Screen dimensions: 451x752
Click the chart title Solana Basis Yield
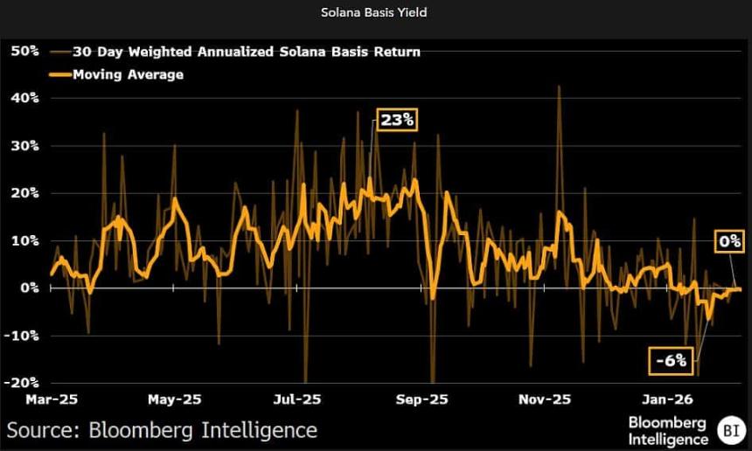coord(376,13)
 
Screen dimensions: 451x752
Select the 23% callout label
coord(396,121)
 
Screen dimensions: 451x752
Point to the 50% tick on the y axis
coord(24,52)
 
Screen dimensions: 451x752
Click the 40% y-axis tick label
coord(24,98)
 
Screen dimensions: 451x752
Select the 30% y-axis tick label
coord(24,145)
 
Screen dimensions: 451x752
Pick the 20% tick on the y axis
coord(24,192)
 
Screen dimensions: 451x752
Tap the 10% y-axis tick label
coord(24,239)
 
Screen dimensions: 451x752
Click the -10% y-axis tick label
coord(22,335)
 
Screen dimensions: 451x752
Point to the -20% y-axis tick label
coord(22,382)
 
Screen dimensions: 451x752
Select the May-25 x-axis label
coord(175,399)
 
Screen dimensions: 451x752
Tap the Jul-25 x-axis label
coord(298,399)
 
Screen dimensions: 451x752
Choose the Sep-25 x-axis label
coord(421,399)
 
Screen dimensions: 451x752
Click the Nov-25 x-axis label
coord(544,399)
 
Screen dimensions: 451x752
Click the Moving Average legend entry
coord(128,74)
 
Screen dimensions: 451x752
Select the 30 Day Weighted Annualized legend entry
coord(246,52)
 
